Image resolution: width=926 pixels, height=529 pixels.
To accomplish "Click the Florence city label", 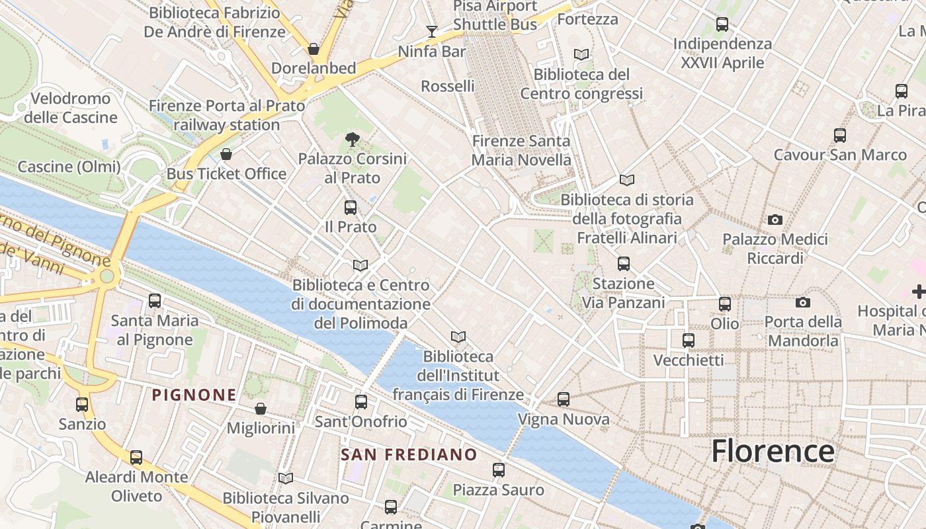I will click(773, 452).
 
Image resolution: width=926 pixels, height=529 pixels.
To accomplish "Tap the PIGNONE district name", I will click(194, 395).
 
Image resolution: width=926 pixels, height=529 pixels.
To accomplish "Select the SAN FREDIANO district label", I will click(409, 454).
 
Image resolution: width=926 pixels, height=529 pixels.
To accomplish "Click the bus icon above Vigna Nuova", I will click(564, 399).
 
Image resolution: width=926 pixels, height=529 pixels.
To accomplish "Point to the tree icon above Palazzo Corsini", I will click(353, 140).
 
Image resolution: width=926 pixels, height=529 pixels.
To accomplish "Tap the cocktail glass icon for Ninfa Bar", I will click(432, 31).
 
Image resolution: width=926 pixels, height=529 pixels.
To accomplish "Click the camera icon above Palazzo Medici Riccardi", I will click(775, 220).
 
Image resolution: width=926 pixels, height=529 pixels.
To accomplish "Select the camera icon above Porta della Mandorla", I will click(803, 302).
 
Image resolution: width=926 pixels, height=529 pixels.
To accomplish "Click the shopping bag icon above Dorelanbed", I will click(314, 49).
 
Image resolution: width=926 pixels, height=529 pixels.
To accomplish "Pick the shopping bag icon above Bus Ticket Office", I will click(226, 154).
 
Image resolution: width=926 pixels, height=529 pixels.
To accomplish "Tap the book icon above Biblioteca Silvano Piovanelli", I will click(286, 478).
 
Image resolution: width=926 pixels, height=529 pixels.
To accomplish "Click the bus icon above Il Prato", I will click(351, 208).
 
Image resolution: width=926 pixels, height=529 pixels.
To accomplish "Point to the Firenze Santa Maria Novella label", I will click(521, 150).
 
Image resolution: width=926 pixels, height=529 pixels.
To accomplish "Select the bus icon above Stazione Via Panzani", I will click(623, 264).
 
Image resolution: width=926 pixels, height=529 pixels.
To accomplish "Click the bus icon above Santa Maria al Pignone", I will click(155, 301).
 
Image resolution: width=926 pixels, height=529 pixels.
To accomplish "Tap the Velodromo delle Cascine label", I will click(70, 108).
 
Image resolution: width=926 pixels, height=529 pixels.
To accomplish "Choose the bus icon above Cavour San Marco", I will click(840, 136).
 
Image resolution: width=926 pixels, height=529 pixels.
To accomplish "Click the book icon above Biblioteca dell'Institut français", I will click(458, 337).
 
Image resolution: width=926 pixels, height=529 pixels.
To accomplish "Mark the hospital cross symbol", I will click(919, 291).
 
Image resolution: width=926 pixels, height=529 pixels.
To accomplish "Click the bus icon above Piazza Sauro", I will click(499, 470).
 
